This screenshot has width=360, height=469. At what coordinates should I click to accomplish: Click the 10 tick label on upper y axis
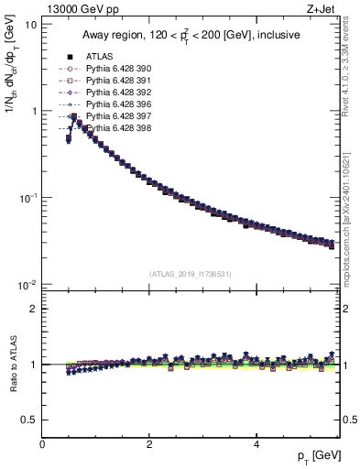tap(29, 24)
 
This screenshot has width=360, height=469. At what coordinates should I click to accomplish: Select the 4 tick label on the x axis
tap(256, 444)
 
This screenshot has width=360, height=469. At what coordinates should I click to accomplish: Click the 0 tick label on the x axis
tap(42, 444)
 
